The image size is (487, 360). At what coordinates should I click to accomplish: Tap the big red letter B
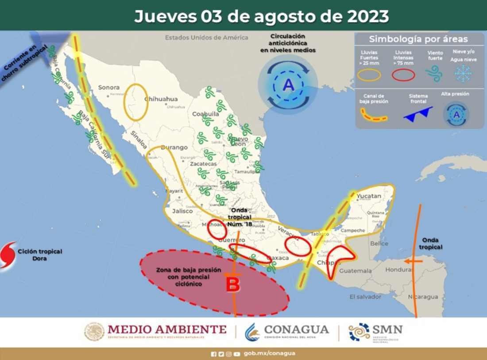(x=233, y=284)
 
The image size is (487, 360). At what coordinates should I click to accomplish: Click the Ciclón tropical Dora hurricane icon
(x=8, y=255)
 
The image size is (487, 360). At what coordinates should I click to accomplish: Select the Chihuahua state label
(x=161, y=99)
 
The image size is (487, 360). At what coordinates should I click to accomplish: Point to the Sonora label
(x=109, y=87)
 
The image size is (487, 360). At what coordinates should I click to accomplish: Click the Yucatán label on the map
(x=369, y=196)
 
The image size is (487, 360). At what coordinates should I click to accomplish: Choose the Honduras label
(x=398, y=269)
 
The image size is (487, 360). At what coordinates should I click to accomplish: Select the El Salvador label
(x=365, y=297)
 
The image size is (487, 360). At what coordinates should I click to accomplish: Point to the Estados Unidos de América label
(x=206, y=38)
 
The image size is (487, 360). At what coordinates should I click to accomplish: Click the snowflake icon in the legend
(x=463, y=73)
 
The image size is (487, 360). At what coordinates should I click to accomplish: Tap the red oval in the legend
(x=403, y=75)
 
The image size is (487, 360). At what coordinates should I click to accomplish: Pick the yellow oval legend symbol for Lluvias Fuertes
(x=369, y=75)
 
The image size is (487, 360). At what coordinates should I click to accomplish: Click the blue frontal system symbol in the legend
(x=418, y=113)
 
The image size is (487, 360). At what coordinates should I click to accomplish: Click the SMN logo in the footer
(x=376, y=331)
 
